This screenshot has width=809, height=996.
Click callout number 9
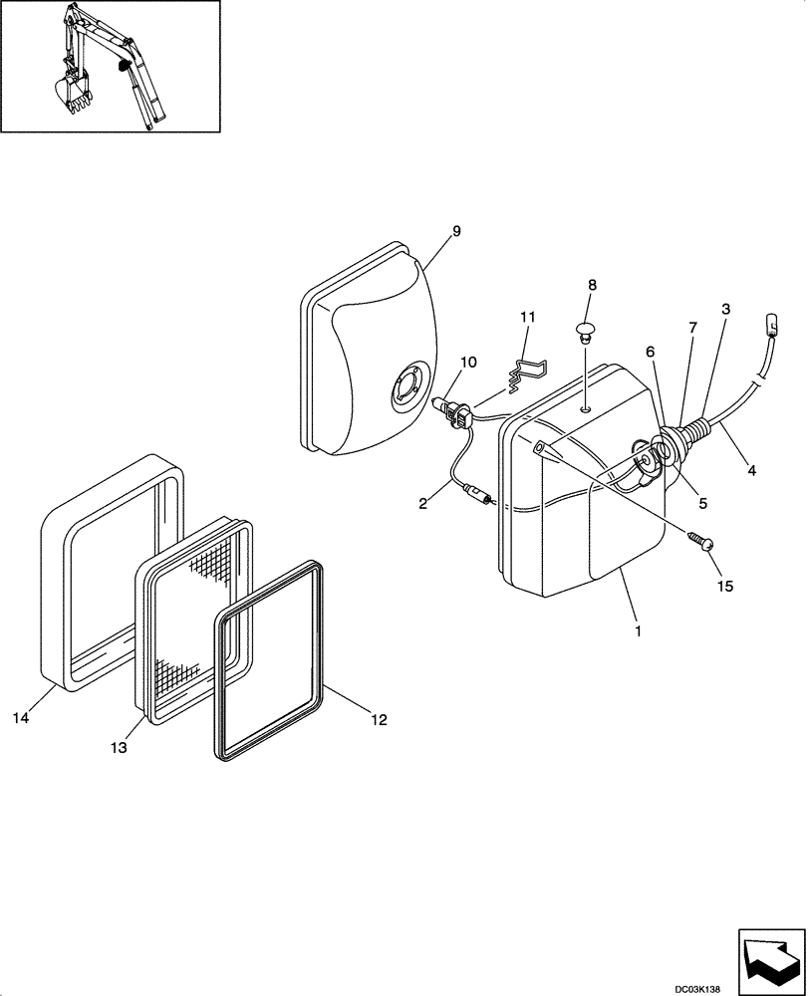point(455,232)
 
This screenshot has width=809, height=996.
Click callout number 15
point(724,586)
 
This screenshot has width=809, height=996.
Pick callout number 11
point(527,317)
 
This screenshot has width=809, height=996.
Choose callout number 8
point(592,285)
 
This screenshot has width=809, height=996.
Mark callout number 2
point(422,504)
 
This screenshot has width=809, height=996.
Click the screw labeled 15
point(701,541)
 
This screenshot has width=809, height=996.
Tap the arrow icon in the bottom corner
point(770,960)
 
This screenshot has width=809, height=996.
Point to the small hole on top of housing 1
point(588,406)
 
